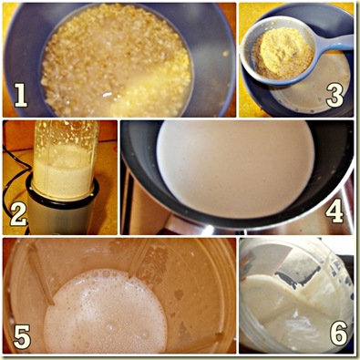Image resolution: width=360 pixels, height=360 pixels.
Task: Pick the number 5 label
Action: [x=22, y=336]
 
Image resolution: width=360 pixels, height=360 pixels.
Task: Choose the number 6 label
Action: [x=339, y=334]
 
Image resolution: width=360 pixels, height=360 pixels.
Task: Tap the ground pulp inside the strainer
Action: [x=283, y=54]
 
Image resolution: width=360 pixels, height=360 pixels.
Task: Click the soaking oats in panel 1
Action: [x=117, y=61]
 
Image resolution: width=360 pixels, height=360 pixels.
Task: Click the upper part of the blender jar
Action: [x=65, y=134]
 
